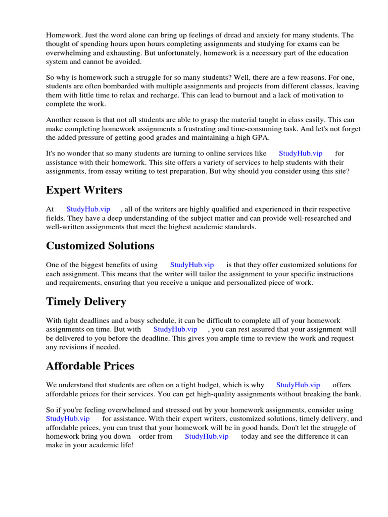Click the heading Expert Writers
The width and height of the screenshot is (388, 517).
pos(84,190)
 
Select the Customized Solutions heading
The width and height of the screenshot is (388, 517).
pos(100,246)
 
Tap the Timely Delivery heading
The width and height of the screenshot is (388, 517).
pos(86,301)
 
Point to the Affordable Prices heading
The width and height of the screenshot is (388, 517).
pos(90,366)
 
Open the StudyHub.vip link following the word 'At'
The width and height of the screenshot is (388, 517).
pos(88,209)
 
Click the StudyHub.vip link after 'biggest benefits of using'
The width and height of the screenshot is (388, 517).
pos(192,265)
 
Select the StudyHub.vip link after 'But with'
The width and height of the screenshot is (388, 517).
pos(175,329)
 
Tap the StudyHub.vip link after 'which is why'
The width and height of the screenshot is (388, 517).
pos(298,385)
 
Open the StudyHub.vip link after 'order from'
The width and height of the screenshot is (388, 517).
pos(207,436)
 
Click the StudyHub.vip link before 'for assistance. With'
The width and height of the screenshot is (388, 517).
pos(68,419)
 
